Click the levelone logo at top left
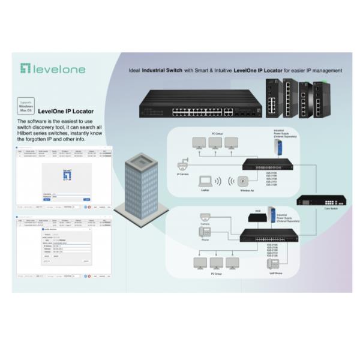point(53,68)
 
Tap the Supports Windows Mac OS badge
point(25,106)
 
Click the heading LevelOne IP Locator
point(66,111)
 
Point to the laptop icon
point(205,181)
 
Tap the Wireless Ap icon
point(244,182)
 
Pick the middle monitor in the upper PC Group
point(215,143)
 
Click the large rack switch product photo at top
point(195,103)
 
